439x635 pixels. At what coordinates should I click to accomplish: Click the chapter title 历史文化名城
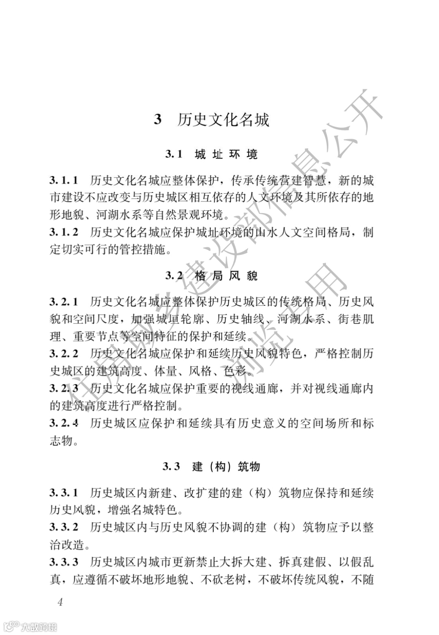[223, 120]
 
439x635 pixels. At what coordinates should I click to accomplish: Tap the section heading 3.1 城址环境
[211, 154]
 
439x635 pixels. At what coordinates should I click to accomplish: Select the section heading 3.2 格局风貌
[211, 276]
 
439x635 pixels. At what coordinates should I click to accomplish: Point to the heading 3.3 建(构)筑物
[211, 467]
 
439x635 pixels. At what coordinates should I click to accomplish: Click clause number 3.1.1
[64, 180]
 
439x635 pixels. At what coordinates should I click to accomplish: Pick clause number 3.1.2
[64, 232]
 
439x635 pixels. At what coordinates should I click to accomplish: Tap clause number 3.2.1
[64, 302]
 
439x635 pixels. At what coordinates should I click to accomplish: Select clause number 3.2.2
[64, 354]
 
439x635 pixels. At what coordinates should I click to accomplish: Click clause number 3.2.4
[64, 423]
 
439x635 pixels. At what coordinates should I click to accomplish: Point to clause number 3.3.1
[64, 493]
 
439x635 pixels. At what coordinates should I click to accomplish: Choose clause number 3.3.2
[64, 527]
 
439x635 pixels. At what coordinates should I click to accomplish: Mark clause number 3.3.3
[64, 562]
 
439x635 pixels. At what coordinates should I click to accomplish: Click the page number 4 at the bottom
[60, 601]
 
